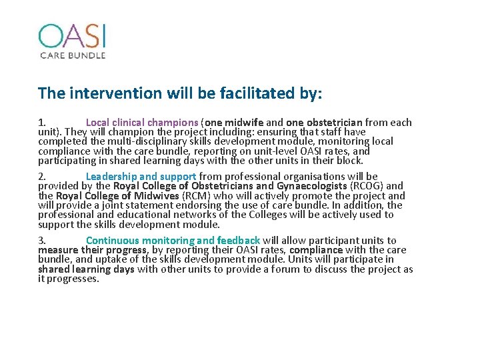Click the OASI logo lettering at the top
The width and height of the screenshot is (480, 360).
[72, 36]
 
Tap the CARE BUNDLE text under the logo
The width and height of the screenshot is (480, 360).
[72, 55]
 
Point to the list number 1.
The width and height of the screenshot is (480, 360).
[41, 123]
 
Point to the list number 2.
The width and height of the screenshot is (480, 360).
[41, 177]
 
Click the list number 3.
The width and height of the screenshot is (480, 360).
[41, 241]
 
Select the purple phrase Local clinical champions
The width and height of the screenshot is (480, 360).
[142, 123]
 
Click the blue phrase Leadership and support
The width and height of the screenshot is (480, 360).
[141, 177]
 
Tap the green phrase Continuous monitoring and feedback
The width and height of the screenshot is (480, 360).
[173, 241]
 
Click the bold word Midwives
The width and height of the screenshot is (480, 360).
[159, 196]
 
